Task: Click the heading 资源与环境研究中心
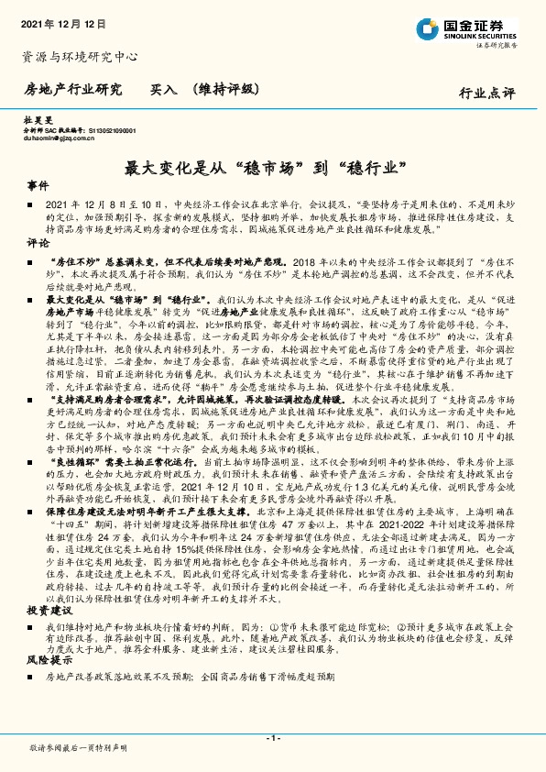(79, 57)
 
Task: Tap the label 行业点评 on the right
(487, 94)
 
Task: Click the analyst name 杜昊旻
(34, 121)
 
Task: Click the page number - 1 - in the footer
(272, 737)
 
